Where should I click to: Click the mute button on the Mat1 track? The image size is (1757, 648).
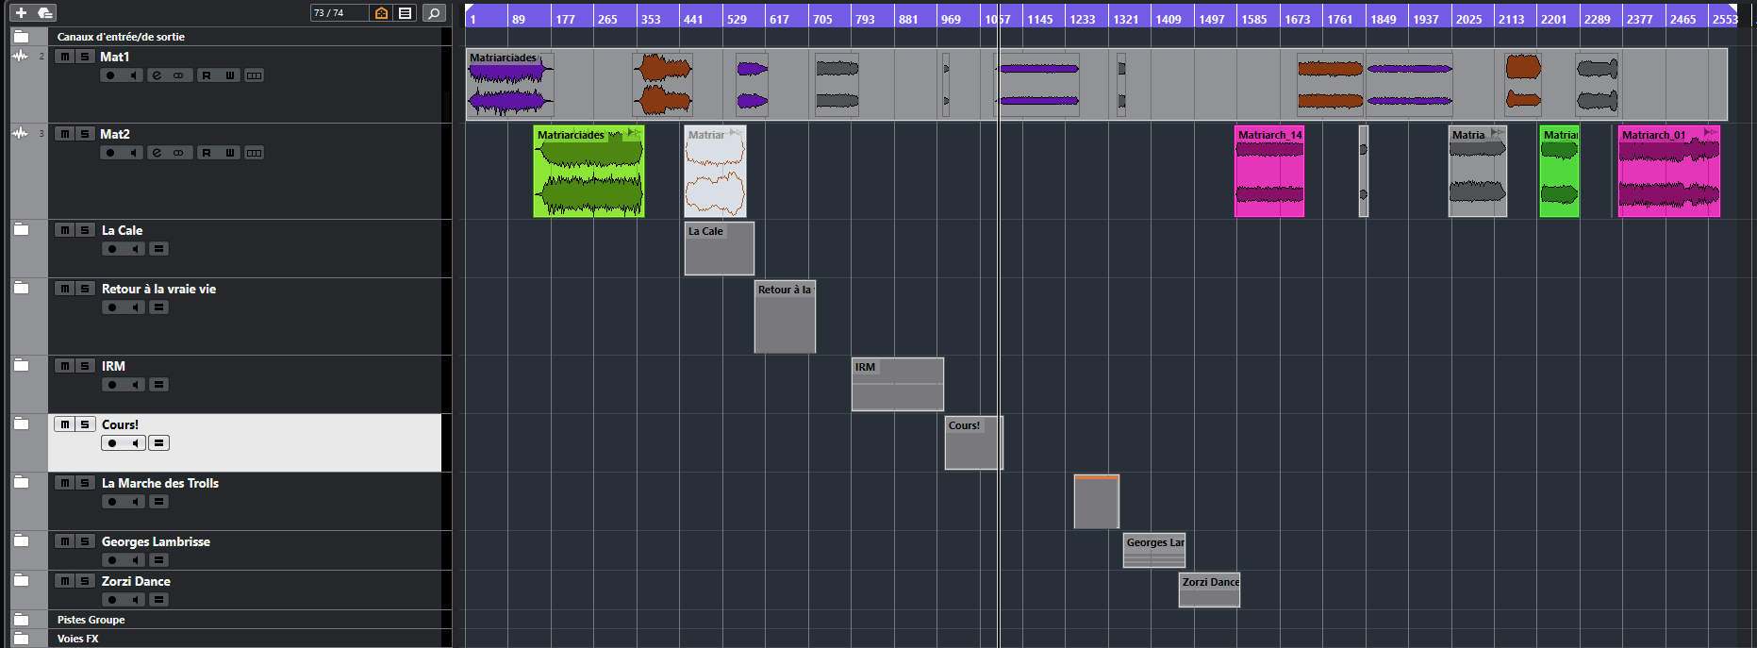point(64,57)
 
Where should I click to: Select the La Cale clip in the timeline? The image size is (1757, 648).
point(720,248)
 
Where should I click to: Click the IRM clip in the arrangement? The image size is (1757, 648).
point(897,384)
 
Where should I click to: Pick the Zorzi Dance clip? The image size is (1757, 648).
point(1209,590)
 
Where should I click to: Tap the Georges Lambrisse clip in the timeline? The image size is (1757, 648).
point(1154,550)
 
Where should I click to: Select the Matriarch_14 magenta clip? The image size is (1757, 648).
point(1269,172)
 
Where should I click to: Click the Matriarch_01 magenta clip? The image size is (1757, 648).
point(1669,172)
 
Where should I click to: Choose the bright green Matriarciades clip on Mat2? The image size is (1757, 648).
point(588,172)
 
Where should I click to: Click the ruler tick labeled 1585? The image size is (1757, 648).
point(1254,19)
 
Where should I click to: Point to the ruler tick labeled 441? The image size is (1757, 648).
point(693,19)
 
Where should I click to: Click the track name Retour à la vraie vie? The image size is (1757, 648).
point(158,289)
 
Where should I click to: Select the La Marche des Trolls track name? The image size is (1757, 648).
point(160,483)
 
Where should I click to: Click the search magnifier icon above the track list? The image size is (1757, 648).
point(434,13)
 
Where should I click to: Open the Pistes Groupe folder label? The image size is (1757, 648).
point(91,620)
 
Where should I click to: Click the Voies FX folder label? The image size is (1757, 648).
point(77,639)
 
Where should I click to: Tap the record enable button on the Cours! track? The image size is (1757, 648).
point(112,443)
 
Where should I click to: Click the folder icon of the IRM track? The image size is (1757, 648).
point(21,365)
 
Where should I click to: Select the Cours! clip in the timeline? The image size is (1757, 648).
point(974,442)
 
